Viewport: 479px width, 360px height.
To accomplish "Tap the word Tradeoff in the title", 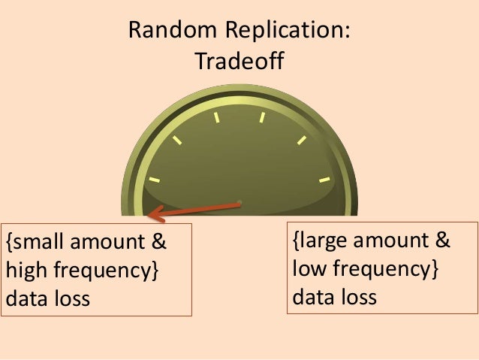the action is click(239, 61).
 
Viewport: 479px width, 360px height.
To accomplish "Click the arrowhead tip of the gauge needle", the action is click(150, 216).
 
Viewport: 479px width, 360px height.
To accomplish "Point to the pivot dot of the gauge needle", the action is click(239, 201).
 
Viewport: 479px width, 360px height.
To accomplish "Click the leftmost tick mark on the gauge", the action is click(154, 180).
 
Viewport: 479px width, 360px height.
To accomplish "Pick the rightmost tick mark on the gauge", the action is click(324, 180).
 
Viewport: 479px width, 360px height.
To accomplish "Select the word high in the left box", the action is click(26, 271).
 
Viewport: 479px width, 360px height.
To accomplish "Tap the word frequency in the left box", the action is click(102, 271).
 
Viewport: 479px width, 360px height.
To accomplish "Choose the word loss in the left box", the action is click(69, 298).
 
